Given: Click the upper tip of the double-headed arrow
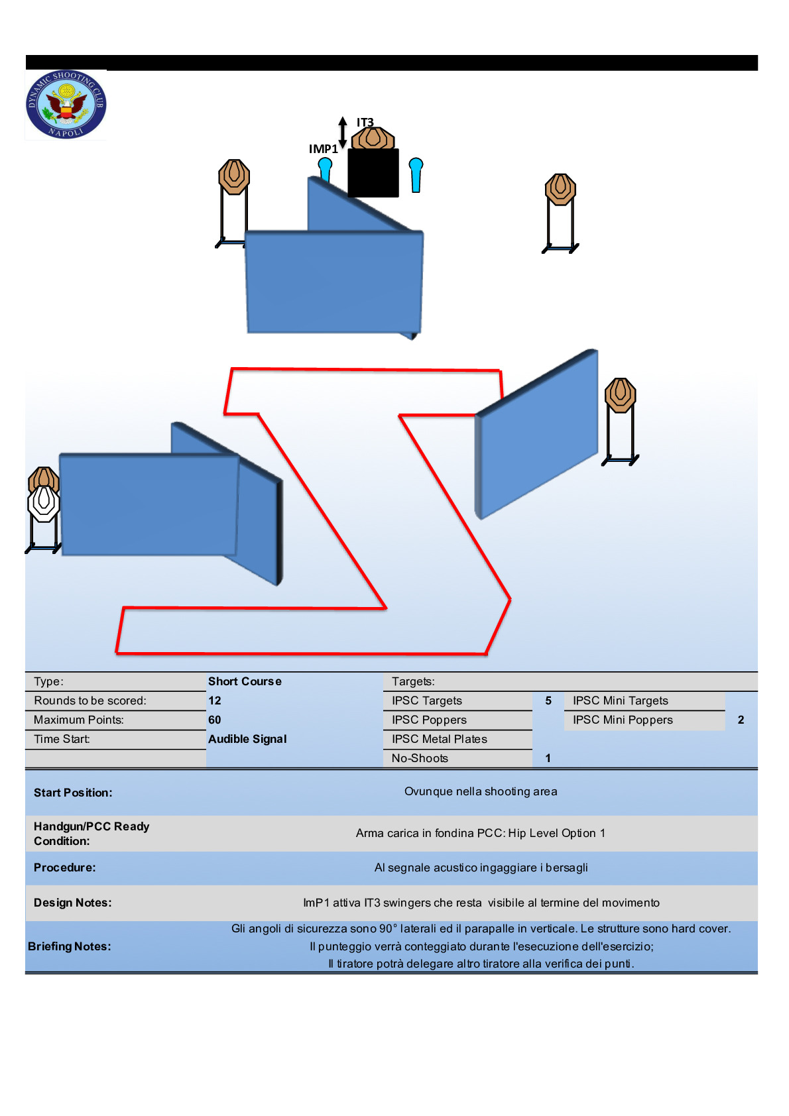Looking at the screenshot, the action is coord(342,117).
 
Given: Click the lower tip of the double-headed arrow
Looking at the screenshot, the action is coord(342,148).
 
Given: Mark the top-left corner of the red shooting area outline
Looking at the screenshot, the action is coord(232,369).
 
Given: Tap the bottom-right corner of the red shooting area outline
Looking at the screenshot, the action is coord(486,653).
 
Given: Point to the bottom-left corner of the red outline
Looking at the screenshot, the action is coord(117,652).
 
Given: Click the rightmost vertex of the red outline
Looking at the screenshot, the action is coord(510,599).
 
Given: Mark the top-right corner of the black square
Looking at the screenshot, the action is coord(398,149).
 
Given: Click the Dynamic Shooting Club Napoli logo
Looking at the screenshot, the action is coord(66,105).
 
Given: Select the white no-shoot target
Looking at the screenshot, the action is coord(43,504).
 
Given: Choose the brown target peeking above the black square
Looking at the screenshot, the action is coord(373,138).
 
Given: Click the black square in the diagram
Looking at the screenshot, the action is coord(373,173).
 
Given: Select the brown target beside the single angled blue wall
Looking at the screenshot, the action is coord(620,395).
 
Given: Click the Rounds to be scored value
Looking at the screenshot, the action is coord(215,700).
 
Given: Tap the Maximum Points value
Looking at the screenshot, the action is coord(215,720).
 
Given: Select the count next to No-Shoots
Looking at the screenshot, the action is coord(548,758).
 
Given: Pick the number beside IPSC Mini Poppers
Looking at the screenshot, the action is coord(741,720).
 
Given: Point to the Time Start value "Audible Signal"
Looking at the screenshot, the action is coord(247,740).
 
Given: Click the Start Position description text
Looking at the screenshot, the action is coord(481,792).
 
